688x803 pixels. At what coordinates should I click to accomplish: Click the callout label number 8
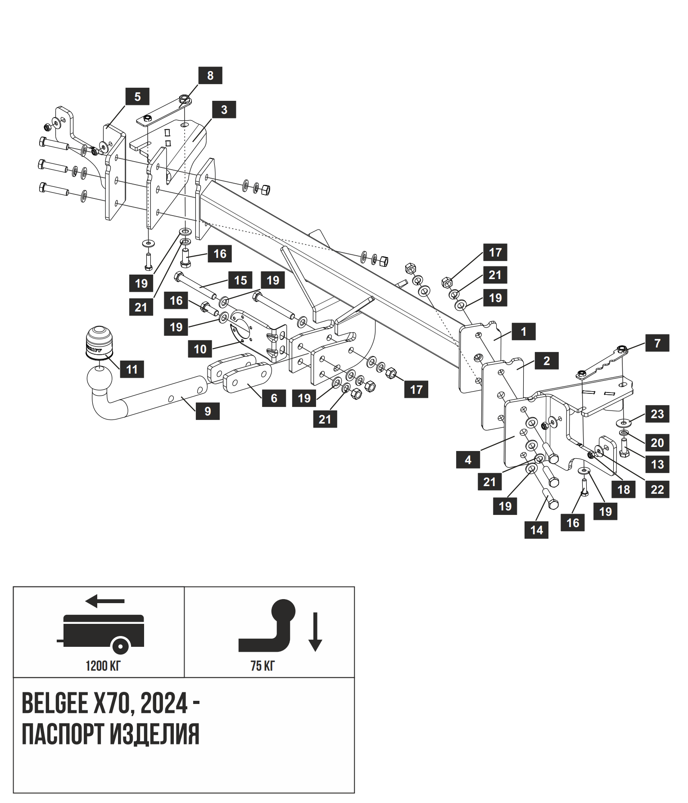pos(210,76)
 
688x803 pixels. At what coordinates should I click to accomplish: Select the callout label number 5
pos(137,96)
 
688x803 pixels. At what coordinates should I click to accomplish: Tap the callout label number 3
pos(224,109)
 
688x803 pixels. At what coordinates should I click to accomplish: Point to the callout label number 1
pos(523,332)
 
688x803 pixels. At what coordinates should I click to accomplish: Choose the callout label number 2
pos(547,361)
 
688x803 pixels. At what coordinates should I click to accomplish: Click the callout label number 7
pos(657,343)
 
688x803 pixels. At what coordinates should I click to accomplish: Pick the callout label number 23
pos(657,414)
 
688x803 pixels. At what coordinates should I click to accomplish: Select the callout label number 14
pos(536,530)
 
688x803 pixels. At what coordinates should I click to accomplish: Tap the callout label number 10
pos(200,349)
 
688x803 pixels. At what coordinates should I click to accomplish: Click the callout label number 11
pos(131,369)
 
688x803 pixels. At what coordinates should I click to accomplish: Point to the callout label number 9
pos(208,411)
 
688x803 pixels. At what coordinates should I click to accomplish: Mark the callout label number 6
pos(274,398)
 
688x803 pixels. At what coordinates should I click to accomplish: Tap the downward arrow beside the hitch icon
pos(315,632)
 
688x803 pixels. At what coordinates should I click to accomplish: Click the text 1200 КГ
pos(103,666)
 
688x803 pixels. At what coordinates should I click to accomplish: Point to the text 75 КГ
pos(263,666)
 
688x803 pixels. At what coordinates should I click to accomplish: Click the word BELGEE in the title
pos(55,703)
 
